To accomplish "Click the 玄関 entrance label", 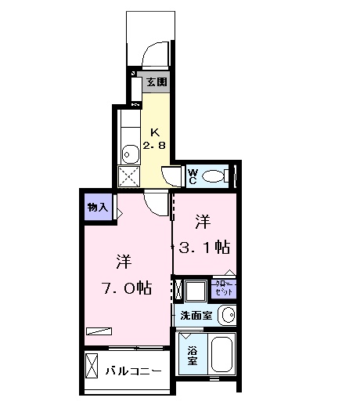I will (x=156, y=81).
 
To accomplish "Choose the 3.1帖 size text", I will (x=203, y=248).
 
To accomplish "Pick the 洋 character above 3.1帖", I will (x=203, y=222).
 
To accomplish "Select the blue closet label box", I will (x=223, y=287).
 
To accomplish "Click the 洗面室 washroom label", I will (x=196, y=316).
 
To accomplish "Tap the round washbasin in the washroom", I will (x=226, y=316).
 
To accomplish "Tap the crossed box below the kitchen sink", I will (x=128, y=176).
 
